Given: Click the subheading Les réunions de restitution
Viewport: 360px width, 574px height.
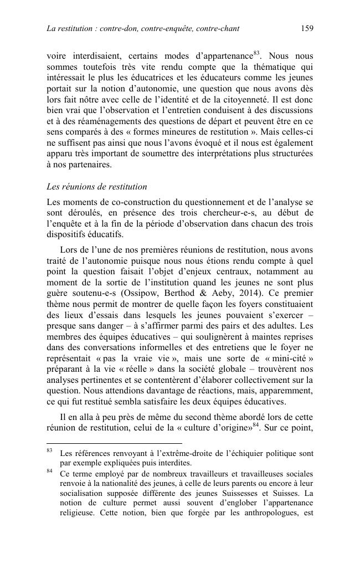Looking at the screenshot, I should pos(97,187).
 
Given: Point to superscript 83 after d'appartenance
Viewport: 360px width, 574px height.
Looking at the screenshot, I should pos(256,53).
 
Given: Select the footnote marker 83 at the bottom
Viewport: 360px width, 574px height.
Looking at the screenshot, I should pos(49,451).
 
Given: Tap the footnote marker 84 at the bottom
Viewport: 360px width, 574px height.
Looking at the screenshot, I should pos(49,471).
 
